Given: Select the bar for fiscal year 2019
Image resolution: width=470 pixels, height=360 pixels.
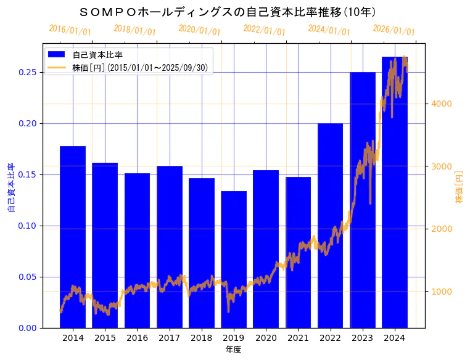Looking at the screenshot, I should click(x=234, y=259).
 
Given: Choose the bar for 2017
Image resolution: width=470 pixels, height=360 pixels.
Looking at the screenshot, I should click(x=169, y=247).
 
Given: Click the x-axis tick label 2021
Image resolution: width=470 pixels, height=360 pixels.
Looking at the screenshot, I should click(x=298, y=338).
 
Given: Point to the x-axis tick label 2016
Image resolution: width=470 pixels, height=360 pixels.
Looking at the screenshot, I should click(x=137, y=338).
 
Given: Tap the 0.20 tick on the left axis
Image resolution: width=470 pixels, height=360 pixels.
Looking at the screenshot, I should click(x=27, y=123).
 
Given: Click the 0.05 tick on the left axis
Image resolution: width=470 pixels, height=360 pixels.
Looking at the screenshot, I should click(x=27, y=277).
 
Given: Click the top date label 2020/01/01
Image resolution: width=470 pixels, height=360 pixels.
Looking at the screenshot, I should click(x=199, y=30).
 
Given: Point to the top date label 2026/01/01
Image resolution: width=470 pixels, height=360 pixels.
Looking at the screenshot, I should click(x=394, y=30).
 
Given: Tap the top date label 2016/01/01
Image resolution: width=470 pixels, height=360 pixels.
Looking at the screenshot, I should click(x=70, y=30).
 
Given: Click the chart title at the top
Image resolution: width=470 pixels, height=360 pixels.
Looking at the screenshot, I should click(x=228, y=12).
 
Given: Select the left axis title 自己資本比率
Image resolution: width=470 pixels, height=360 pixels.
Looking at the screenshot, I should click(x=10, y=187).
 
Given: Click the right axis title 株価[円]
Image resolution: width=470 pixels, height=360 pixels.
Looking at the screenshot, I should click(x=459, y=187).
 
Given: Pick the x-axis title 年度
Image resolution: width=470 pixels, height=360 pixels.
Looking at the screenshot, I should click(x=233, y=350).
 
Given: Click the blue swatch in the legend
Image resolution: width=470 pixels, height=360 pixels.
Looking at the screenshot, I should click(x=57, y=55).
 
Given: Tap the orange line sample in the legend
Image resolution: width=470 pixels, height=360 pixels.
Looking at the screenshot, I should click(x=57, y=67).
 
